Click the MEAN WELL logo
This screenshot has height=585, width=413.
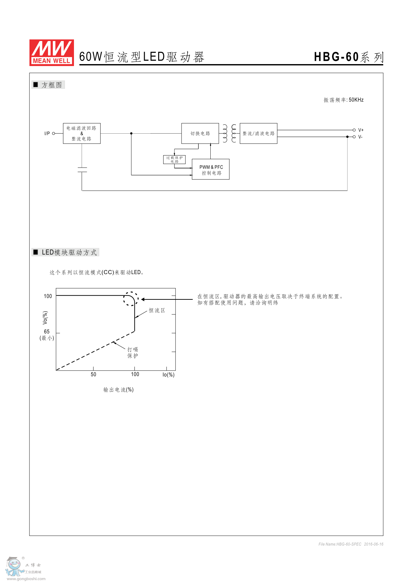(52, 53)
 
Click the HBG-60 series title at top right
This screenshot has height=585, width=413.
(348, 57)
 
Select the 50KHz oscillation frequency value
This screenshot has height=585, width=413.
(356, 100)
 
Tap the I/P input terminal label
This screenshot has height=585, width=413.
(47, 133)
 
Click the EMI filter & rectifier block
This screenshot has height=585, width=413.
(82, 133)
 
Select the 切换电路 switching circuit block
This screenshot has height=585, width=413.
(200, 133)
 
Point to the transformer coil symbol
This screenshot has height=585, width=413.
(229, 133)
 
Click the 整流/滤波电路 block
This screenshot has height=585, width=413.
(258, 133)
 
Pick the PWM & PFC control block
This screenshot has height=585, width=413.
(211, 170)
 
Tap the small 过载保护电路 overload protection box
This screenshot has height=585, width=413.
(174, 160)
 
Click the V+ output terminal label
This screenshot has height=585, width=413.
(361, 130)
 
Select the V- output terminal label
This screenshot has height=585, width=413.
(360, 137)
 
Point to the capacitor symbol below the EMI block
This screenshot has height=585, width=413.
(82, 170)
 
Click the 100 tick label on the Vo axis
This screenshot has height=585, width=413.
(48, 296)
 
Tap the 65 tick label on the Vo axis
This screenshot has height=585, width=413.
(47, 332)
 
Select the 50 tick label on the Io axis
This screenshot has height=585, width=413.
(93, 374)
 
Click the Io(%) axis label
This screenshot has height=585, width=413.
(168, 375)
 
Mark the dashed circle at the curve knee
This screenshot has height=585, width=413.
(131, 299)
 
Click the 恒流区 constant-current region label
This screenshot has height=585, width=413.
(157, 310)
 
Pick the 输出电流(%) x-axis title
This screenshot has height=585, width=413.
(118, 390)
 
